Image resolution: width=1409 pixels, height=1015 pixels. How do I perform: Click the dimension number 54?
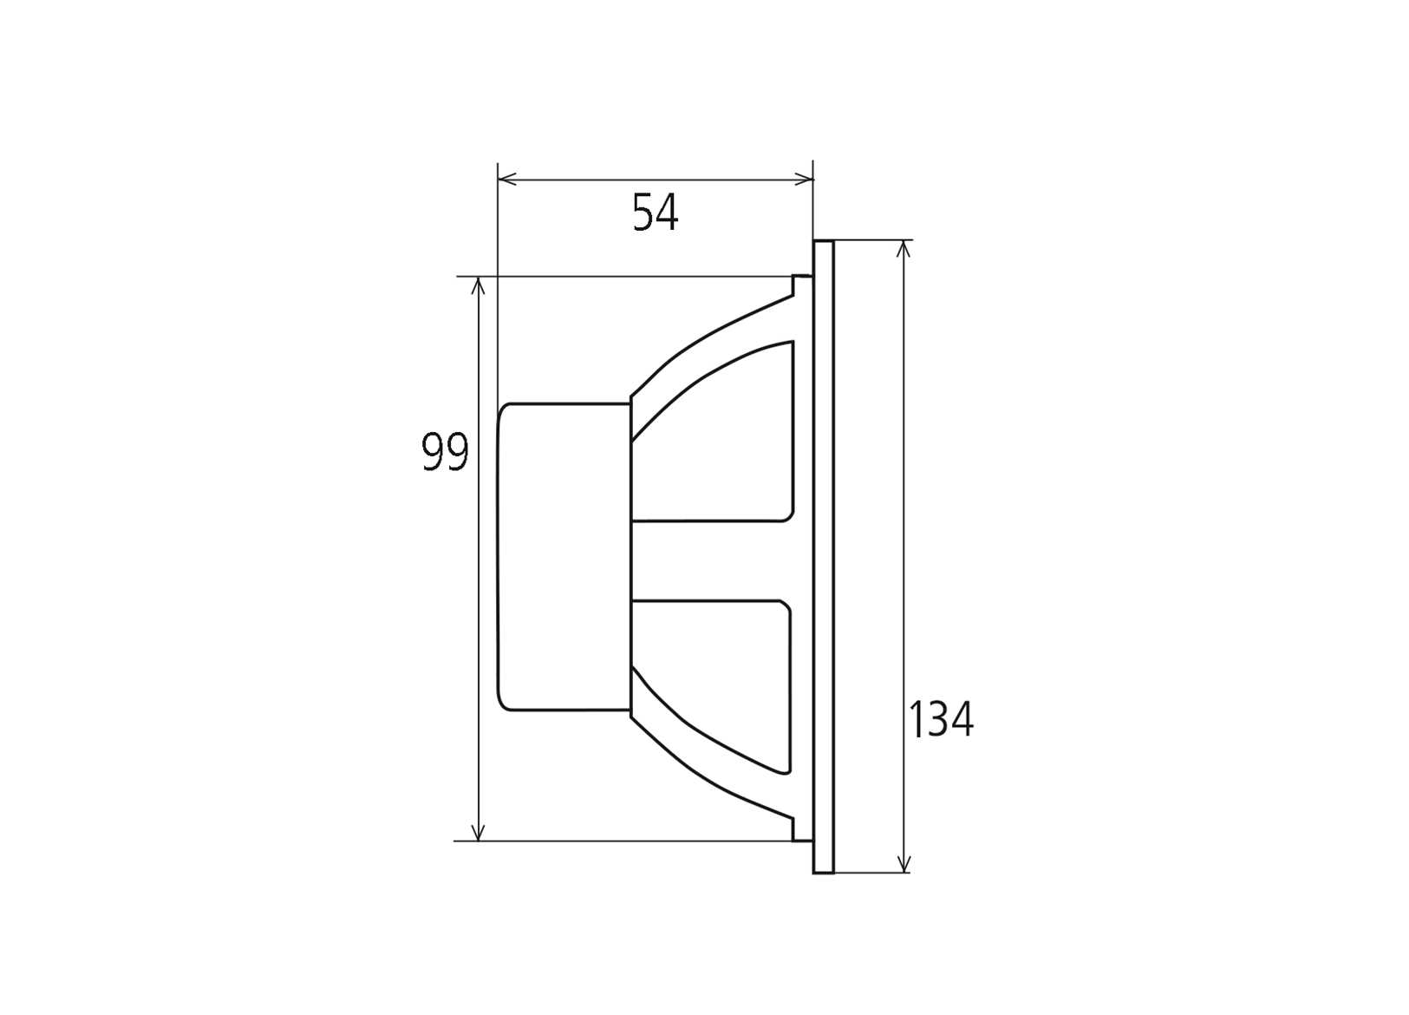[x=655, y=213]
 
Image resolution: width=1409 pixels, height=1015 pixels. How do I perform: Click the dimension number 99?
[x=445, y=452]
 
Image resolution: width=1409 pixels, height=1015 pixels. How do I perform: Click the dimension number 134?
[x=941, y=719]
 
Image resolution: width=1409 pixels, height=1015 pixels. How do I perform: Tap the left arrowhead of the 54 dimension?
[x=506, y=180]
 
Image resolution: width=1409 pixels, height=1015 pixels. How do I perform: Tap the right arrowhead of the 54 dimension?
[x=806, y=180]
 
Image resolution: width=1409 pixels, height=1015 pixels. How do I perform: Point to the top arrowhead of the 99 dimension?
[x=478, y=285]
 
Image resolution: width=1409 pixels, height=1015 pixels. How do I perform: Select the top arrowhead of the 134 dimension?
[x=904, y=247]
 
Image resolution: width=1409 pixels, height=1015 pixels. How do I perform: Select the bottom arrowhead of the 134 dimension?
[x=904, y=865]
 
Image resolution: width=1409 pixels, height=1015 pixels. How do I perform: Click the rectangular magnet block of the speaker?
[x=564, y=557]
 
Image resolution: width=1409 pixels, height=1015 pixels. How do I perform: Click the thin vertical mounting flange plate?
[x=824, y=557]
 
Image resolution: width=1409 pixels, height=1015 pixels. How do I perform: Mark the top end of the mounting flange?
[x=824, y=243]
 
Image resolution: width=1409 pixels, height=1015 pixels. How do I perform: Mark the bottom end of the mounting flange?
[x=824, y=871]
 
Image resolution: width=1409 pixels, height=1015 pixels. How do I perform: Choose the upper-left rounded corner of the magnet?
[x=504, y=409]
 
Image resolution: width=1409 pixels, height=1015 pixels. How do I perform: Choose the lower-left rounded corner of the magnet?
[x=504, y=704]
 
